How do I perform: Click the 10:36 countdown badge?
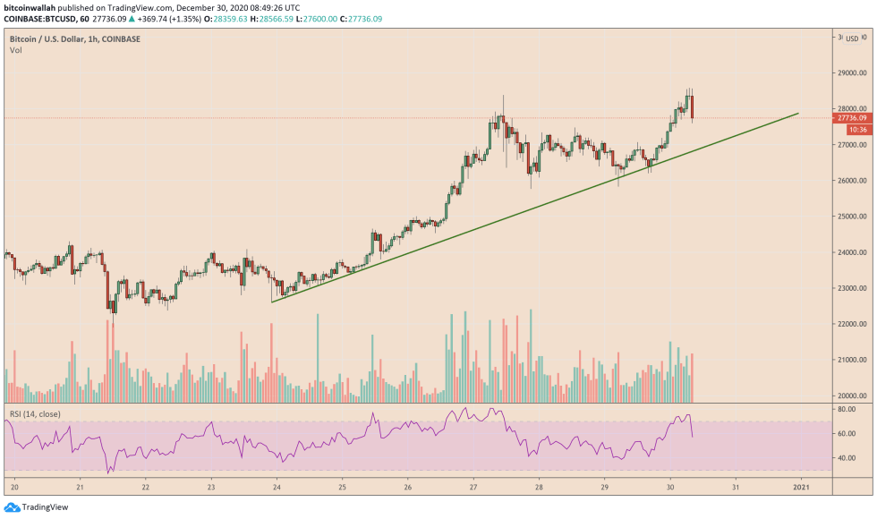[x=847, y=129]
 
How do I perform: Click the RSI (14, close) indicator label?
[x=34, y=413]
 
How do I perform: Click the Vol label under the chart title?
[x=16, y=50]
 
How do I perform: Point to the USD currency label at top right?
[x=852, y=38]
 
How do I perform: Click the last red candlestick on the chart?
[x=692, y=106]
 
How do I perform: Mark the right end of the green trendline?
[x=798, y=114]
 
